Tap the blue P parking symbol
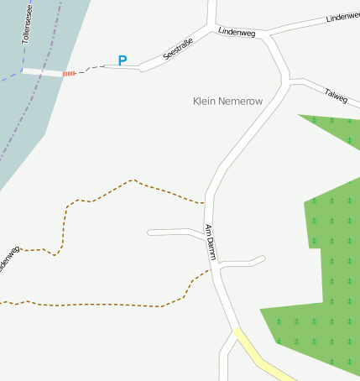[123, 60]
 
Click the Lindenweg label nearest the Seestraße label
[236, 32]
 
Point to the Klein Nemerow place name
[227, 101]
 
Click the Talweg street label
[336, 96]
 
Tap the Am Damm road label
[211, 243]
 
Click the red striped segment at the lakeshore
[69, 74]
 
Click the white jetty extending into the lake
[42, 72]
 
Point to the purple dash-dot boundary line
[34, 109]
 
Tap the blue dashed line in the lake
[10, 76]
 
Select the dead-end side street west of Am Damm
[172, 231]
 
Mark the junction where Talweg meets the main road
[290, 81]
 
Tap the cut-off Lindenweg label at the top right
[343, 16]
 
